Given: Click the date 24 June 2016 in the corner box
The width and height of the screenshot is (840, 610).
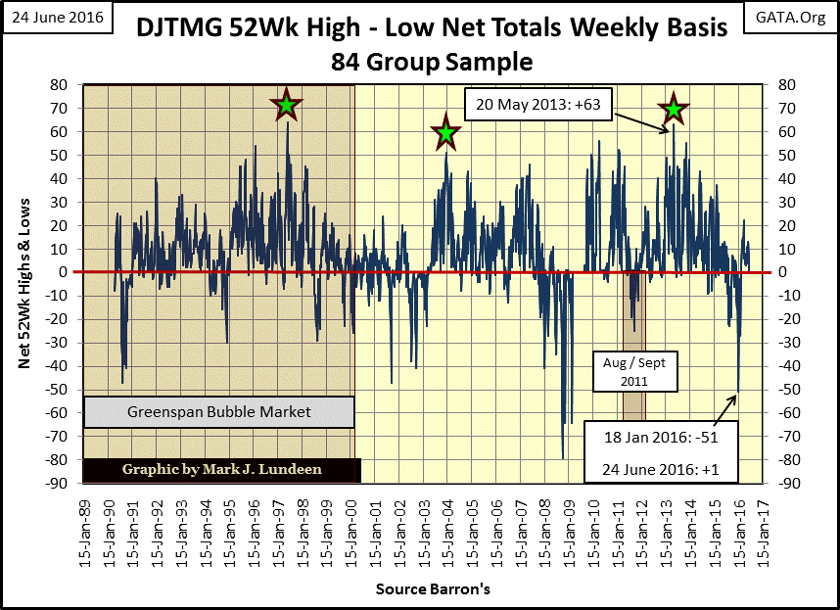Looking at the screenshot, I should [x=55, y=17].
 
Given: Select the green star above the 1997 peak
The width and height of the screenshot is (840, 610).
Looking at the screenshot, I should [x=286, y=106].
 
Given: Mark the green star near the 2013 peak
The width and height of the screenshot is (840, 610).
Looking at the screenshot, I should [x=673, y=110].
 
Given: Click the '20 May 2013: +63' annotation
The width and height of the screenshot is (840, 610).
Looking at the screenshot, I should [x=538, y=102].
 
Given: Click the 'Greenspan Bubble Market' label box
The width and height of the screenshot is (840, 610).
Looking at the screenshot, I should [x=218, y=412].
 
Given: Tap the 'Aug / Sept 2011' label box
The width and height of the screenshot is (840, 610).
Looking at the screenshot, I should [x=634, y=370].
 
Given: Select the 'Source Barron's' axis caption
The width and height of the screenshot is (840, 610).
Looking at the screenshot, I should [x=433, y=589].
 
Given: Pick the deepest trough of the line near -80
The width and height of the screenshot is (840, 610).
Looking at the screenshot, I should [x=563, y=458].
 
